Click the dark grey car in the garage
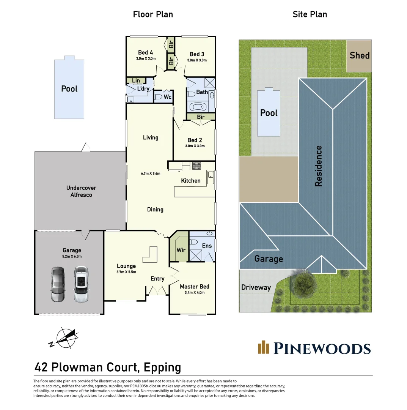click(58, 284)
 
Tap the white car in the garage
click(81, 284)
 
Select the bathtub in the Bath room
click(198, 107)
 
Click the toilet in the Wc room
click(158, 97)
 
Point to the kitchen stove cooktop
click(197, 166)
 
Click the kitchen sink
click(211, 177)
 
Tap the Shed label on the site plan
click(360, 55)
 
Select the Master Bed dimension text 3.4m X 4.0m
click(195, 293)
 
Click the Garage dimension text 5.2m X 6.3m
click(72, 257)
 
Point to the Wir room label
click(181, 250)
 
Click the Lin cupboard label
click(136, 80)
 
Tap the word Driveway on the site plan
click(256, 287)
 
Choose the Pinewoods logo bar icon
click(263, 347)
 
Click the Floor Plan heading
click(153, 14)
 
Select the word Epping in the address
click(162, 367)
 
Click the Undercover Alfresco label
click(81, 191)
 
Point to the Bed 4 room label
click(146, 52)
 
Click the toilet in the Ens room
click(193, 241)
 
